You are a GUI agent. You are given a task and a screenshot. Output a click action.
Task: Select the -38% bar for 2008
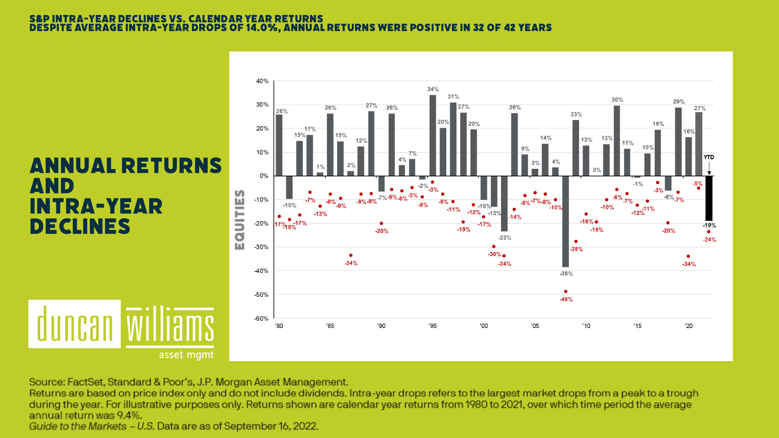pyautogui.click(x=566, y=221)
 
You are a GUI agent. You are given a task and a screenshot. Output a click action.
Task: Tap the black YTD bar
pyautogui.click(x=709, y=198)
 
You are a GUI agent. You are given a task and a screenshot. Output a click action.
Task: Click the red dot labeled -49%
pyautogui.click(x=566, y=292)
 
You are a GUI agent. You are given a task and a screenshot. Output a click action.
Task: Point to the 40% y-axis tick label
pyautogui.click(x=262, y=81)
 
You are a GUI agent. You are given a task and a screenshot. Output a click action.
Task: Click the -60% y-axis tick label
pyautogui.click(x=261, y=319)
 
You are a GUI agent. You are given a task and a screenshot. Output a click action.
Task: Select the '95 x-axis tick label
pyautogui.click(x=433, y=326)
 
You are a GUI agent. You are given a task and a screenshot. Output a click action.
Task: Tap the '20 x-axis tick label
pyautogui.click(x=689, y=326)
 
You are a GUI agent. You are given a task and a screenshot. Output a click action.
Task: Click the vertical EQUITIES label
pyautogui.click(x=240, y=220)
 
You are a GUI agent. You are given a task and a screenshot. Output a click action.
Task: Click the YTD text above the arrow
pyautogui.click(x=709, y=157)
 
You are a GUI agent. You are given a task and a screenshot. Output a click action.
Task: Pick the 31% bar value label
pyautogui.click(x=453, y=97)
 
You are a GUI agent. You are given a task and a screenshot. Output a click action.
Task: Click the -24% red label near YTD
pyautogui.click(x=709, y=240)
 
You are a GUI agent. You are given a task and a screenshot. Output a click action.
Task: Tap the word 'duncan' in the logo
pyautogui.click(x=75, y=324)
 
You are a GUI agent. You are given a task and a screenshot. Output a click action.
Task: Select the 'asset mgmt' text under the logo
pyautogui.click(x=186, y=355)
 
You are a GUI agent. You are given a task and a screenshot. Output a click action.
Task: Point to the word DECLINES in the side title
pyautogui.click(x=80, y=227)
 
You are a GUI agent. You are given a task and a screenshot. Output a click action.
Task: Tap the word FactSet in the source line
pyautogui.click(x=86, y=382)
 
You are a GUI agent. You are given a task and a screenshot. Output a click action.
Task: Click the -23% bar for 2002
pyautogui.click(x=504, y=204)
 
